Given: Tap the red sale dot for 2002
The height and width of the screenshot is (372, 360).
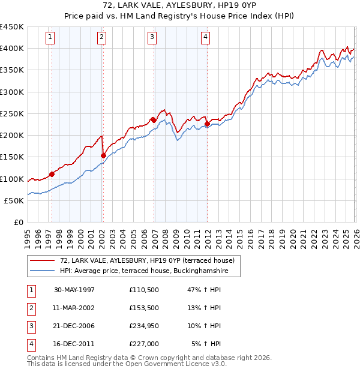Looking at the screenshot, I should click(x=103, y=155).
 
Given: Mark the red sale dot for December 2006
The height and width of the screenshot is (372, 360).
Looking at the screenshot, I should click(x=154, y=120).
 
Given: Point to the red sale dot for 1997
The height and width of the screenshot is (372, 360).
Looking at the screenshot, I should click(x=52, y=174).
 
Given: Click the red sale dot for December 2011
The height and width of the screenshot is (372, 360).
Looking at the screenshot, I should click(x=207, y=124).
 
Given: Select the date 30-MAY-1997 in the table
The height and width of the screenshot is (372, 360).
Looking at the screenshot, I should click(x=74, y=290).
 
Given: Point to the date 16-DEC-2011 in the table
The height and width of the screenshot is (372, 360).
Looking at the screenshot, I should click(x=74, y=344).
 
